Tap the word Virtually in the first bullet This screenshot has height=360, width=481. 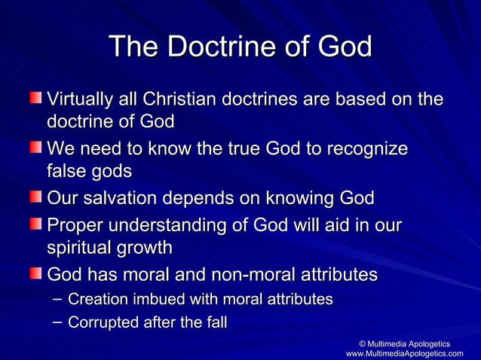click(x=78, y=99)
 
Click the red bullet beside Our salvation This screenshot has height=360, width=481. click(x=35, y=198)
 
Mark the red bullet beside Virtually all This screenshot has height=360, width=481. click(x=35, y=99)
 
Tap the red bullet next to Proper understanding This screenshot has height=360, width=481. click(x=35, y=224)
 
